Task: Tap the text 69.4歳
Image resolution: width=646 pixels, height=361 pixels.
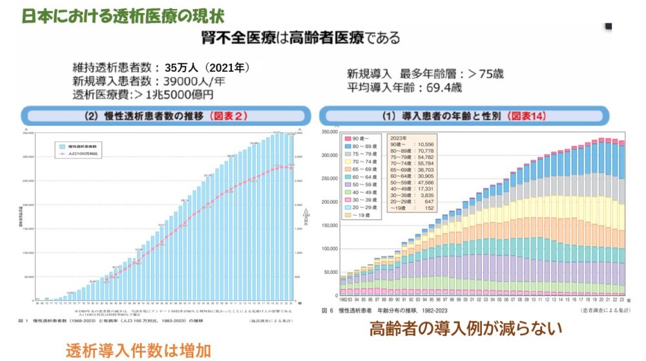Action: click(x=444, y=88)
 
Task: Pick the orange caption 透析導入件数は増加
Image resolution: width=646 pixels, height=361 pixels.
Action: click(x=138, y=350)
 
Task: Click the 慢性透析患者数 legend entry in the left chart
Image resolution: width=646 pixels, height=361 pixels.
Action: click(x=81, y=147)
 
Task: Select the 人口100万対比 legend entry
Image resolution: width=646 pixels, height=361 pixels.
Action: click(x=81, y=156)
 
